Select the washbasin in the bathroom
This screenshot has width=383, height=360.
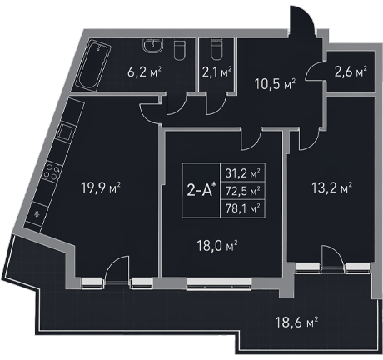(x=153, y=46)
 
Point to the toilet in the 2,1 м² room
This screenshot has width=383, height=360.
(x=216, y=50)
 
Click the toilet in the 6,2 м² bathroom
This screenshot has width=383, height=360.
(x=179, y=50)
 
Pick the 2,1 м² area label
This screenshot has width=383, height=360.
(x=216, y=72)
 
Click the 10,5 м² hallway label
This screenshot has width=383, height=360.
(x=275, y=84)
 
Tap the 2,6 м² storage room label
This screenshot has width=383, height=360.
(x=351, y=72)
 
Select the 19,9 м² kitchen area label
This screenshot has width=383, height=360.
(x=101, y=188)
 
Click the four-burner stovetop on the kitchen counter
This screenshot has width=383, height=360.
(x=52, y=172)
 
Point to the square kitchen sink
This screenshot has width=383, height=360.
(x=65, y=131)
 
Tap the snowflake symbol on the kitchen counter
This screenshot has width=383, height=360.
(x=37, y=214)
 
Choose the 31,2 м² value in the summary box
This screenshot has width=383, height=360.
(x=242, y=173)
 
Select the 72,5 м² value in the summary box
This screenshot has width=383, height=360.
(x=242, y=191)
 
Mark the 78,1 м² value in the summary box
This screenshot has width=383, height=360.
(x=242, y=208)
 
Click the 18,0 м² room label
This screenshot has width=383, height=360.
(x=216, y=246)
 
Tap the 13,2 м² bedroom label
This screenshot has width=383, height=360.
(x=331, y=188)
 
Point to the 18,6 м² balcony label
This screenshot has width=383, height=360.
(x=296, y=322)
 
